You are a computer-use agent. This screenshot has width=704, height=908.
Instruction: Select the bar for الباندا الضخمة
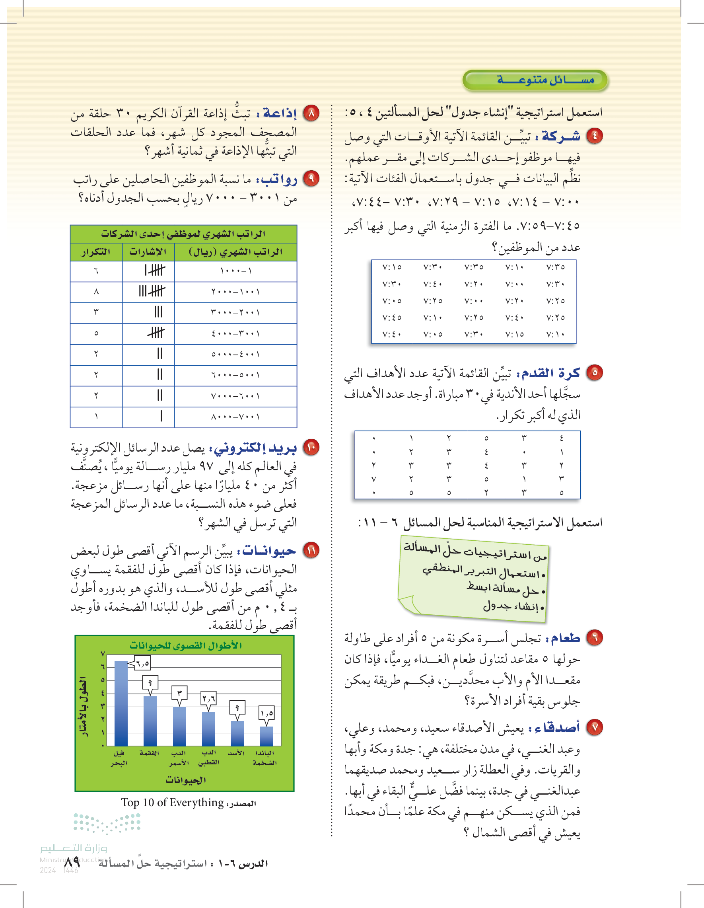(266, 736)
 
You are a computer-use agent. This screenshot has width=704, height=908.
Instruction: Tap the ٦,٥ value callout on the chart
(142, 663)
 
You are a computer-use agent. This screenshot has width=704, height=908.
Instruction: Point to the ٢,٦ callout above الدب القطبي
(209, 698)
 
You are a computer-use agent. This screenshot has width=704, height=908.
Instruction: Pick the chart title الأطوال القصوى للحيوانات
(185, 645)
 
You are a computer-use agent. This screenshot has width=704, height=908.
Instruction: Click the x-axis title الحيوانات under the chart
(185, 780)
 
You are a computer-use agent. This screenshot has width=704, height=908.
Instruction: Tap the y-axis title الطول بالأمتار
(84, 706)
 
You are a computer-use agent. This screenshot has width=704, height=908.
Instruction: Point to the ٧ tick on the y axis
(103, 654)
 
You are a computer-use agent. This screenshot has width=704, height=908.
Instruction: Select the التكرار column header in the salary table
(96, 252)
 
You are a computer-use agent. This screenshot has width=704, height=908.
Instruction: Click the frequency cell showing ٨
(96, 292)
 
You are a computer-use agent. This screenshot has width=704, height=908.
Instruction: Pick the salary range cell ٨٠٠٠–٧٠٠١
(235, 417)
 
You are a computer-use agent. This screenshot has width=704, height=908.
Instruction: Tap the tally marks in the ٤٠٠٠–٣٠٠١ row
(156, 333)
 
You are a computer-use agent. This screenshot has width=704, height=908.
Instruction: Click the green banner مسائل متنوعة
(535, 80)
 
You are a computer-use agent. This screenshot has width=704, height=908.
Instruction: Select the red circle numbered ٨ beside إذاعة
(311, 113)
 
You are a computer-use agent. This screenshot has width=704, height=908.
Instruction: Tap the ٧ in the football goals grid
(373, 479)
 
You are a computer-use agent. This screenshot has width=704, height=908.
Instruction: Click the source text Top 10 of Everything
(173, 803)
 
